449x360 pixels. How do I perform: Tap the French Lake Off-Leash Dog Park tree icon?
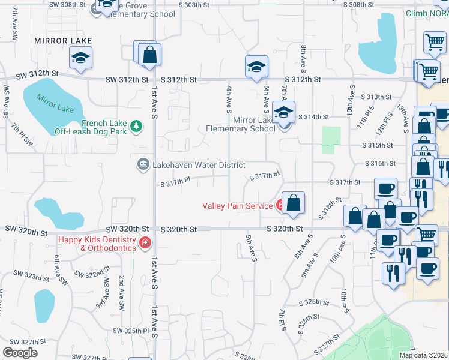click(x=137, y=125)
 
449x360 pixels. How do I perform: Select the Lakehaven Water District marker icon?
click(x=143, y=164)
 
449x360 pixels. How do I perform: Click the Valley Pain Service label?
click(x=238, y=206)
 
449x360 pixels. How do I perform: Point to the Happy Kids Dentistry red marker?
click(x=145, y=242)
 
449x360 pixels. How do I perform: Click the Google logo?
click(x=20, y=353)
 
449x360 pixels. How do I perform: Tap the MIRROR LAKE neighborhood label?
click(x=55, y=41)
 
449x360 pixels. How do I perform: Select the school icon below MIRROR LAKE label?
click(x=80, y=58)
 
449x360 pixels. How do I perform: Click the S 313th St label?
click(x=376, y=97)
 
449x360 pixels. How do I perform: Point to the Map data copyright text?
click(x=424, y=355)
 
